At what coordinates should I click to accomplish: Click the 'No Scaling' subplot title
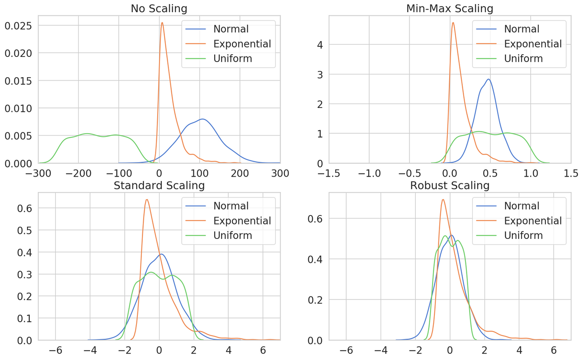pyautogui.click(x=159, y=8)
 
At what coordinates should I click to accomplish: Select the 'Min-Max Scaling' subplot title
pyautogui.click(x=450, y=8)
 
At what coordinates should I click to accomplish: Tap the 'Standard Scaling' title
pyautogui.click(x=159, y=185)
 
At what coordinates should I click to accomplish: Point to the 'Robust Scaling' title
pyautogui.click(x=450, y=185)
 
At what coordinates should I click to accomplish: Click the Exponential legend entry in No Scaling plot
pyautogui.click(x=242, y=44)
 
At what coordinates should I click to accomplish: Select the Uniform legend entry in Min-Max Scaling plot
pyautogui.click(x=523, y=58)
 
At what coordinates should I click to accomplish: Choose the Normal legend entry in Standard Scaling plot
pyautogui.click(x=231, y=206)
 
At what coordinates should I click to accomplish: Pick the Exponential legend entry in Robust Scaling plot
pyautogui.click(x=533, y=221)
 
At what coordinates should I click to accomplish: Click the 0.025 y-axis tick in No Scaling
pyautogui.click(x=19, y=25)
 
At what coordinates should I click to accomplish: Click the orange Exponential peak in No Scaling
pyautogui.click(x=162, y=23)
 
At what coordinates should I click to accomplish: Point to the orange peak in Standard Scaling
pyautogui.click(x=147, y=200)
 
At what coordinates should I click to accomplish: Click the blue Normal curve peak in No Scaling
pyautogui.click(x=202, y=119)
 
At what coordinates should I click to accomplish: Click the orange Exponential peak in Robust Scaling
pyautogui.click(x=443, y=200)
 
